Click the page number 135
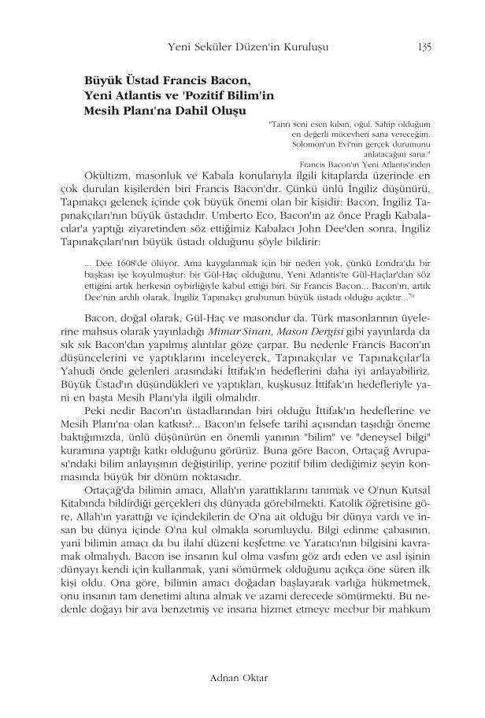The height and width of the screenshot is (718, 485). point(423,46)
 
